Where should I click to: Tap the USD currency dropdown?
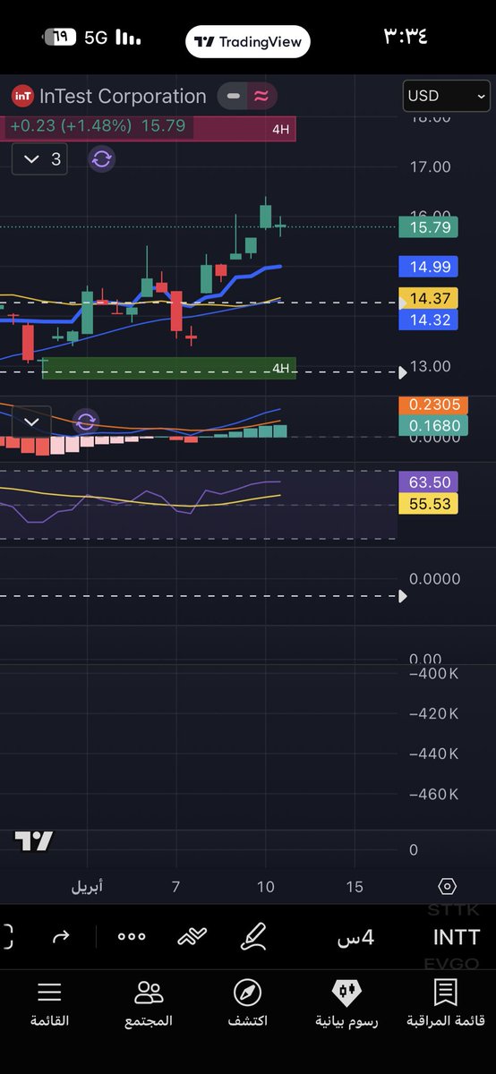(x=447, y=96)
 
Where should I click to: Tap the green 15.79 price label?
(x=429, y=227)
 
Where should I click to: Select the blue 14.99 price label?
(x=429, y=266)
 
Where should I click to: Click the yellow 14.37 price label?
(x=429, y=298)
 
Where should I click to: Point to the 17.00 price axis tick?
(x=430, y=166)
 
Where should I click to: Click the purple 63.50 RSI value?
(x=428, y=482)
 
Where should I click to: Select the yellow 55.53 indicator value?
(x=428, y=504)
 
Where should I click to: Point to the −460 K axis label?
(x=433, y=795)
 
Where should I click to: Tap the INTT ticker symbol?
(x=456, y=937)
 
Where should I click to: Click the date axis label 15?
(x=355, y=886)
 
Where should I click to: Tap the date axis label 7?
(x=176, y=886)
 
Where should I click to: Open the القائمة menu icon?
(x=49, y=992)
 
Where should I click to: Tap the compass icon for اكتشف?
(x=247, y=992)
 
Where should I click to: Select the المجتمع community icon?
(x=149, y=992)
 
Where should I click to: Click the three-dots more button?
(x=132, y=936)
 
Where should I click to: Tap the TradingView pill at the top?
(x=248, y=41)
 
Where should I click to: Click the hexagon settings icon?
(x=448, y=886)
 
